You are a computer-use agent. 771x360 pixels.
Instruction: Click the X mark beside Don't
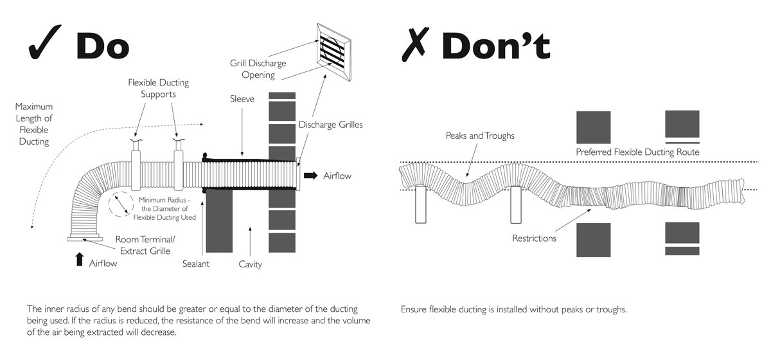pyautogui.click(x=416, y=44)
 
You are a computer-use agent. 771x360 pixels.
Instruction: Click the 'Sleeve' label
pyautogui.click(x=243, y=100)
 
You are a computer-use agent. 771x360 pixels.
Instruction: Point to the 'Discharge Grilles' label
pyautogui.click(x=330, y=125)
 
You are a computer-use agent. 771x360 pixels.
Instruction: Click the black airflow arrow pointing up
pyautogui.click(x=79, y=259)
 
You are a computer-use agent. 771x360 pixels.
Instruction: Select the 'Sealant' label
pyautogui.click(x=196, y=264)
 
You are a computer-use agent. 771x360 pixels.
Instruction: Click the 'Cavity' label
pyautogui.click(x=250, y=264)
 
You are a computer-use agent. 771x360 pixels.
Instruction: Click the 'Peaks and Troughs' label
pyautogui.click(x=480, y=136)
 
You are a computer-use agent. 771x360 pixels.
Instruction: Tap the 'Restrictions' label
pyautogui.click(x=534, y=239)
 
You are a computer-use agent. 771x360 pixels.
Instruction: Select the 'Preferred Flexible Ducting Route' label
pyautogui.click(x=637, y=152)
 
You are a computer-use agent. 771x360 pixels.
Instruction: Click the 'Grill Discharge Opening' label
pyautogui.click(x=258, y=69)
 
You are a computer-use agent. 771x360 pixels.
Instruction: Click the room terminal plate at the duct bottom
pyautogui.click(x=84, y=239)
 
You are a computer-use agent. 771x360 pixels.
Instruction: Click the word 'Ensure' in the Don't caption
pyautogui.click(x=415, y=309)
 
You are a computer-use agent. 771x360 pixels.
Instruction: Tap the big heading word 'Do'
pyautogui.click(x=103, y=45)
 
